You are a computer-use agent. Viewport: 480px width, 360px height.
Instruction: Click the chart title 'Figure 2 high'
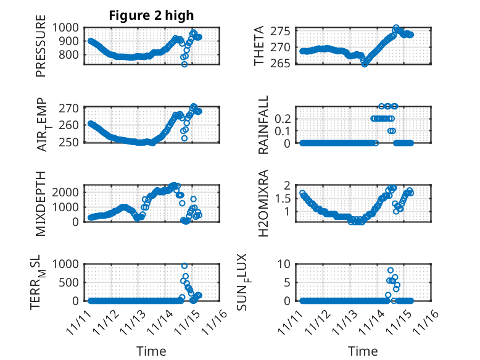151,15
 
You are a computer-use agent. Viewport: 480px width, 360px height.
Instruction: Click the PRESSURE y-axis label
41,51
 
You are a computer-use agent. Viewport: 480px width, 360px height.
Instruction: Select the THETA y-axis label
259,46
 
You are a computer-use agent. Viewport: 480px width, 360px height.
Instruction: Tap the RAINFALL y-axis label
263,125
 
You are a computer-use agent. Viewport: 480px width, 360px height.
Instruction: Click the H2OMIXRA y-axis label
263,203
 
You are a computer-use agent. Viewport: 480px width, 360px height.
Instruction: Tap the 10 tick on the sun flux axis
286,264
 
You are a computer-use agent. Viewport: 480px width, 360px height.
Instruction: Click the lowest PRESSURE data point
184,64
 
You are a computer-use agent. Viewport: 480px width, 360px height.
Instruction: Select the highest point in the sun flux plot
391,270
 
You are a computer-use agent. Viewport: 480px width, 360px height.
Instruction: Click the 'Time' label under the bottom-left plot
151,351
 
